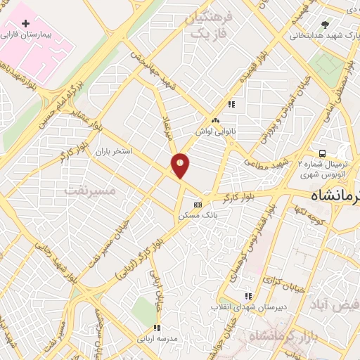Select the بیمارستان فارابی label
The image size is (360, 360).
point(27,34)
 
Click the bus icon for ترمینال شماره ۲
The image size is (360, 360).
point(322,153)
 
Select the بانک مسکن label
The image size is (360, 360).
point(193,215)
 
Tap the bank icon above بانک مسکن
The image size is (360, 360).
point(198,205)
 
